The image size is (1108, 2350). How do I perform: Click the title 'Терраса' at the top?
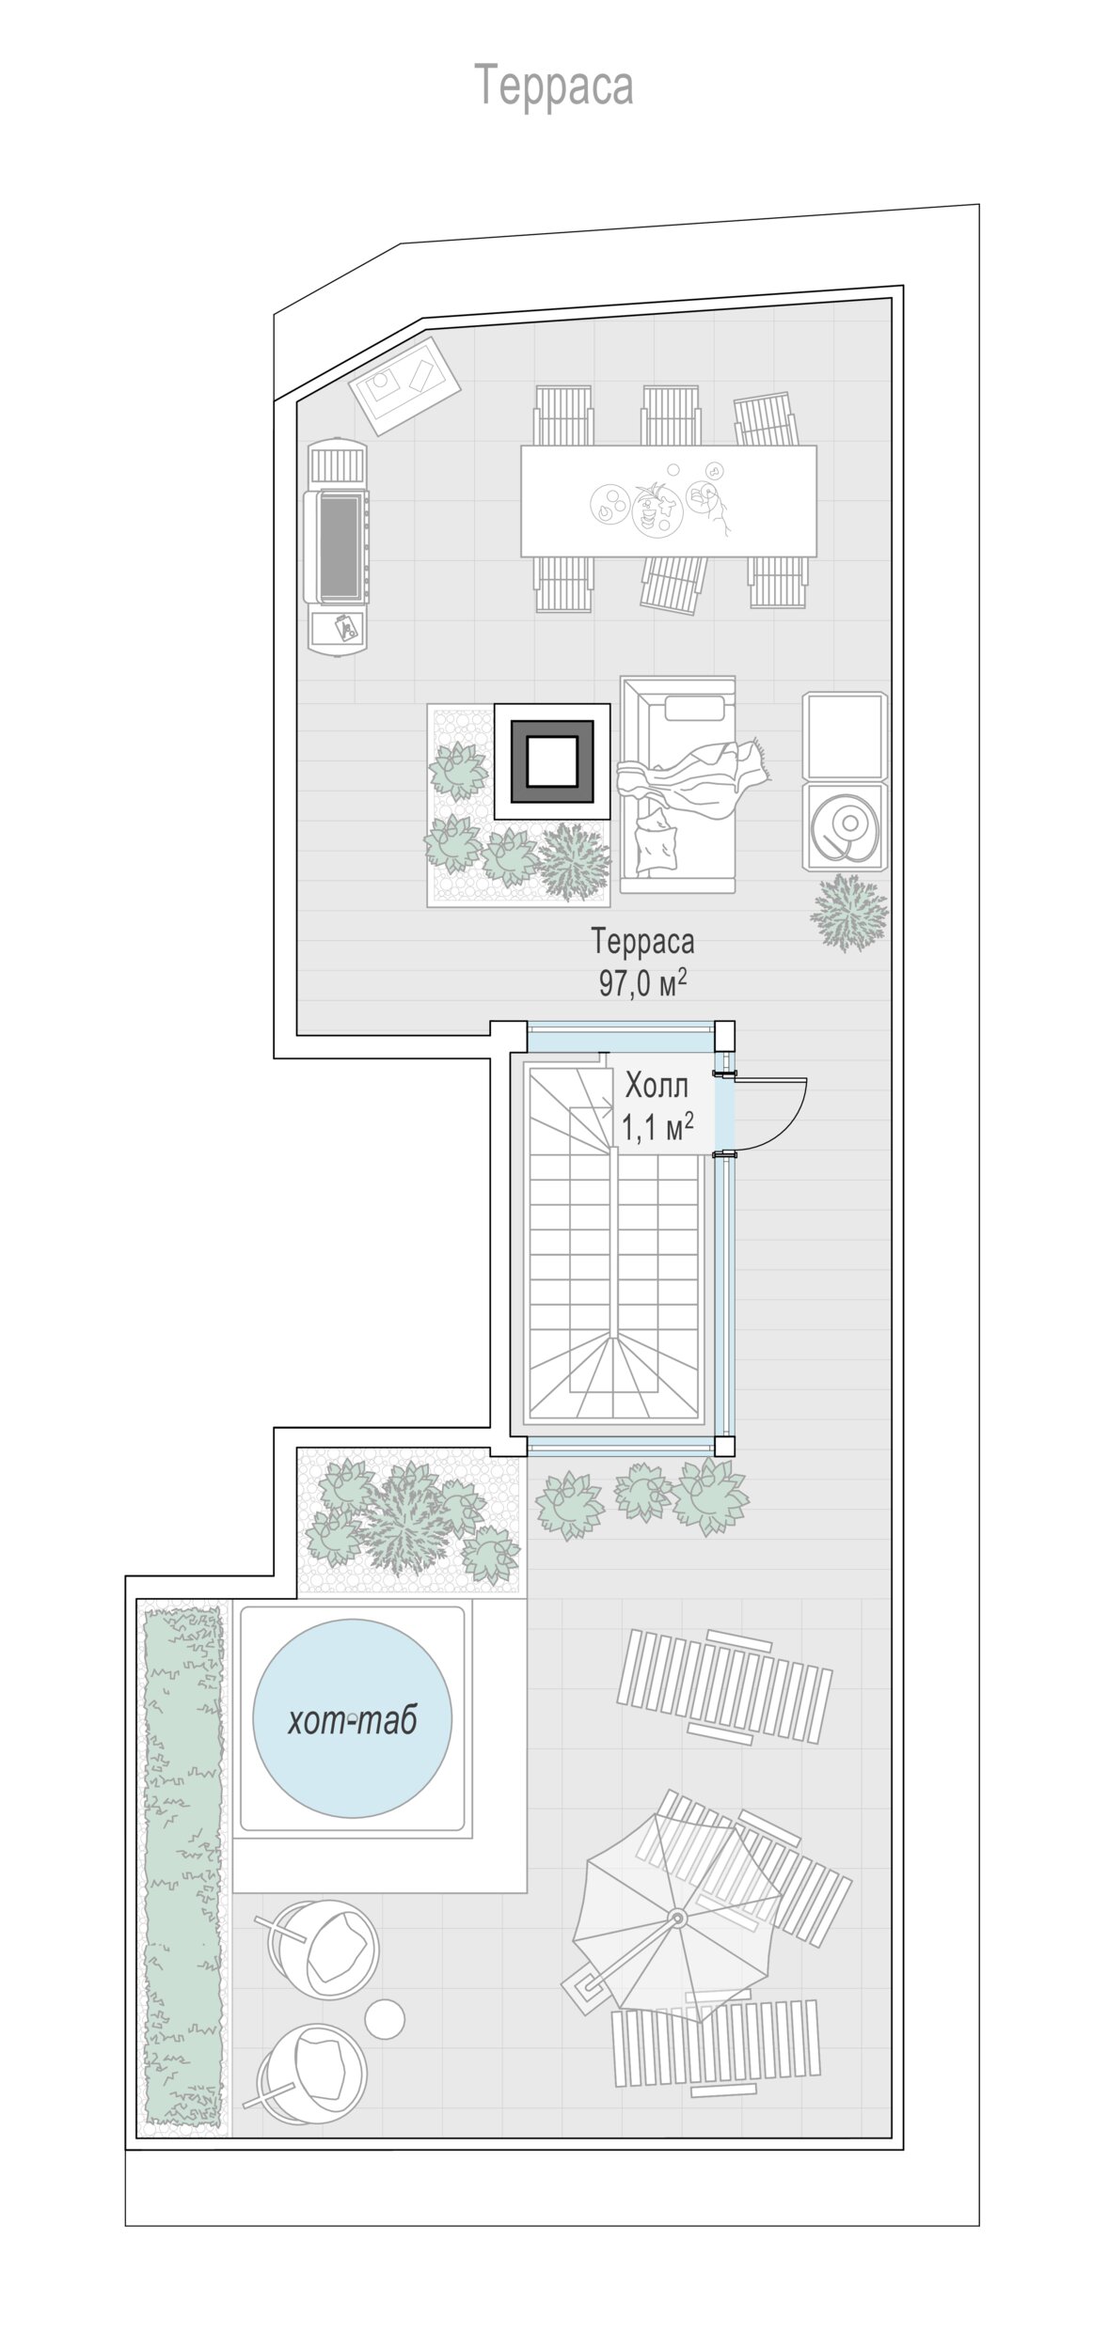[x=553, y=85]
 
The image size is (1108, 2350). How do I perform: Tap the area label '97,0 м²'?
[x=642, y=982]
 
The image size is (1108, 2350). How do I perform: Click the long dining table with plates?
[x=669, y=501]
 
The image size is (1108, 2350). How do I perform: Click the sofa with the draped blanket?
[x=677, y=783]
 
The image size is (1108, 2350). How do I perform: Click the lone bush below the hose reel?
[x=850, y=912]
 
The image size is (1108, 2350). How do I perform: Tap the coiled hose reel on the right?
[x=845, y=824]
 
